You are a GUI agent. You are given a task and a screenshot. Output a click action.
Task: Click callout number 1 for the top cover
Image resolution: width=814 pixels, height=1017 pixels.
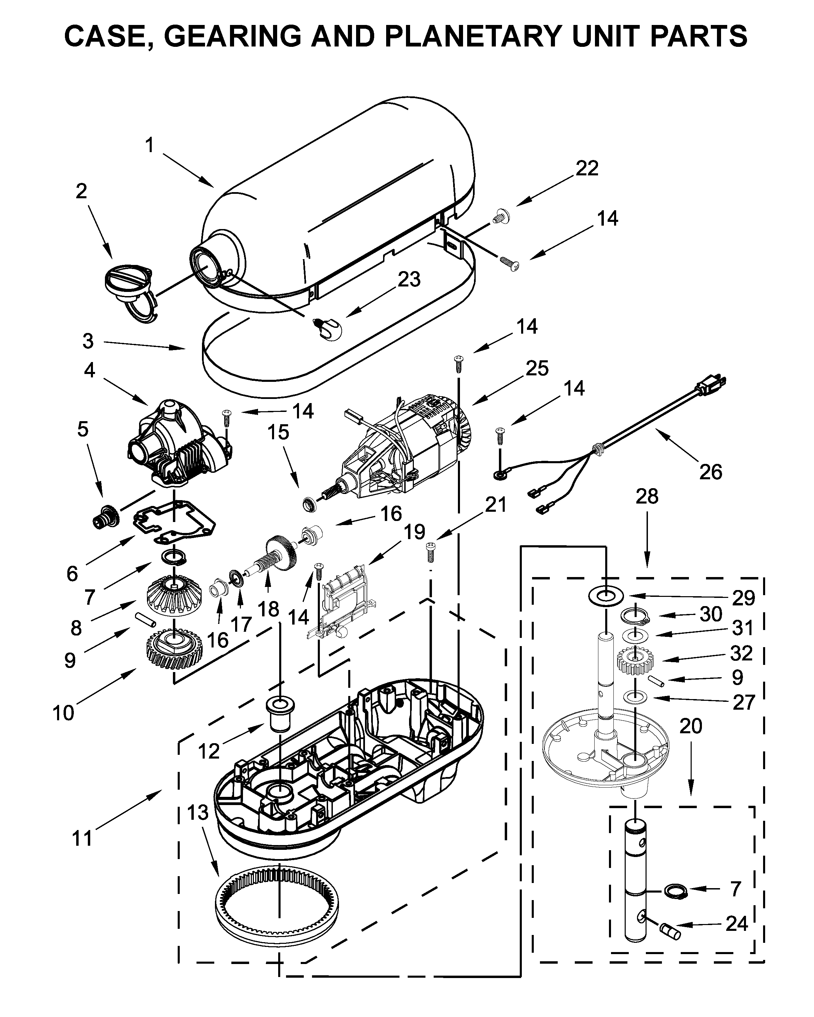[x=149, y=145]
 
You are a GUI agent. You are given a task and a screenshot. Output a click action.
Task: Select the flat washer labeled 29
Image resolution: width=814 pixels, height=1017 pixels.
[x=606, y=596]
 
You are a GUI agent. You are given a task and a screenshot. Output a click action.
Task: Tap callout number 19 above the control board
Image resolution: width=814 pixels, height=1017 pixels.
[x=414, y=532]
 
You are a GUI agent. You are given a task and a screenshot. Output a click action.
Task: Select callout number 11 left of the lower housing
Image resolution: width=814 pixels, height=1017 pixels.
[x=82, y=839]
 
